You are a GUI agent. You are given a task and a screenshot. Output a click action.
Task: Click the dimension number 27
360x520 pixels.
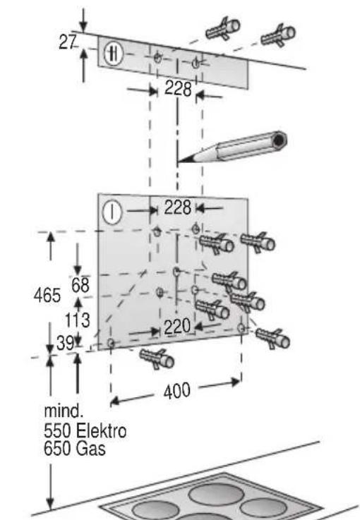point(68,42)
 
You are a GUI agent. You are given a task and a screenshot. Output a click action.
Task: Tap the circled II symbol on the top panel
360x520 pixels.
point(114,54)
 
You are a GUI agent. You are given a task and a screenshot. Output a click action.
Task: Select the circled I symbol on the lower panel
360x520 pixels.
point(112,211)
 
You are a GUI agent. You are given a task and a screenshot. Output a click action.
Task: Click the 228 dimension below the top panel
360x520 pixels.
point(178,89)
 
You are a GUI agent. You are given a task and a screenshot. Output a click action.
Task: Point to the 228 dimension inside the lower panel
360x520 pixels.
point(178,207)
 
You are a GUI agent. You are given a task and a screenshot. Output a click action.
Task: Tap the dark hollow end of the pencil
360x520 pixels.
point(280,140)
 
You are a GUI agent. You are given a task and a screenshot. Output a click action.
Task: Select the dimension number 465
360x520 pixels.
point(47,295)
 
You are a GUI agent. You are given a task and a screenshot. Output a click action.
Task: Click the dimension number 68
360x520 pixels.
point(80,285)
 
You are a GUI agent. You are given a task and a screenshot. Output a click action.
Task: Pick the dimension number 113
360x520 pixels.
point(77,320)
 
